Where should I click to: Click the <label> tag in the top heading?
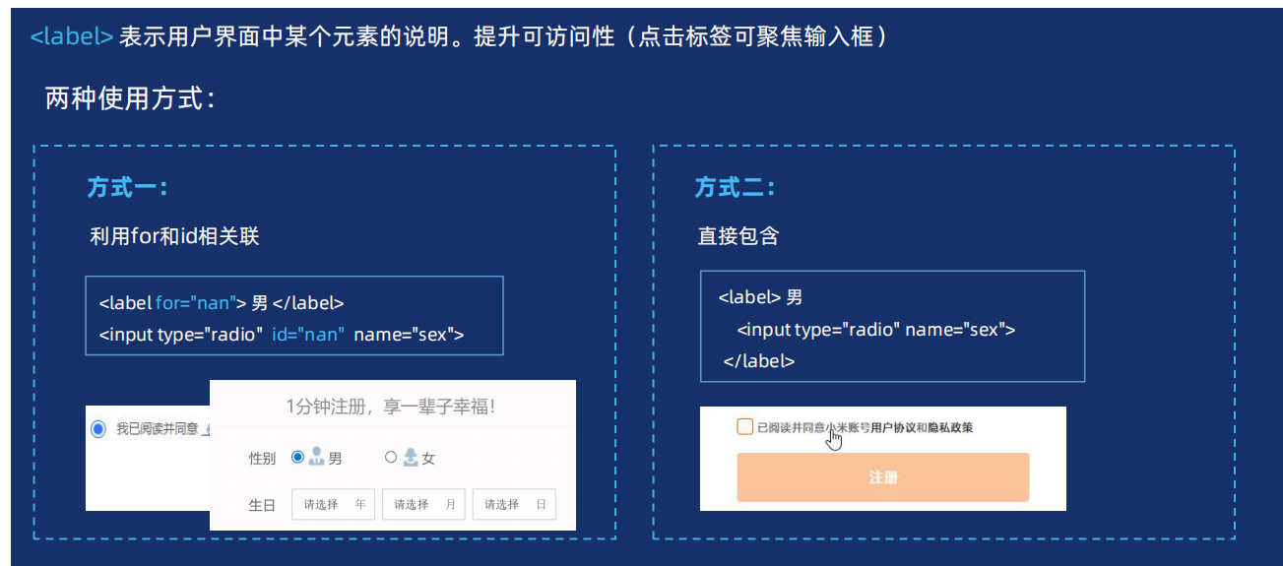click(72, 37)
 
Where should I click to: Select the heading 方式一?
click(127, 187)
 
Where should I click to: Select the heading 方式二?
click(735, 187)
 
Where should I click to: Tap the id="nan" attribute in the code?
click(308, 335)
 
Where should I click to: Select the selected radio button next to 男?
click(297, 457)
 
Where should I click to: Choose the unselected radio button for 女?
click(391, 457)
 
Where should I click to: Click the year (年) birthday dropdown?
click(333, 504)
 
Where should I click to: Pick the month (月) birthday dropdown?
click(423, 504)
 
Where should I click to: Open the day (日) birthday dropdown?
click(514, 504)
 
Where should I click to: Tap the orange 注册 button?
click(882, 477)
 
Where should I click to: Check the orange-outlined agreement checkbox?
click(744, 427)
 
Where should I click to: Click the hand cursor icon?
click(834, 438)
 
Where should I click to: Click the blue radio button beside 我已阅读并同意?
click(97, 429)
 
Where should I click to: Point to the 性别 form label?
click(262, 458)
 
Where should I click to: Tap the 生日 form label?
click(262, 505)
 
